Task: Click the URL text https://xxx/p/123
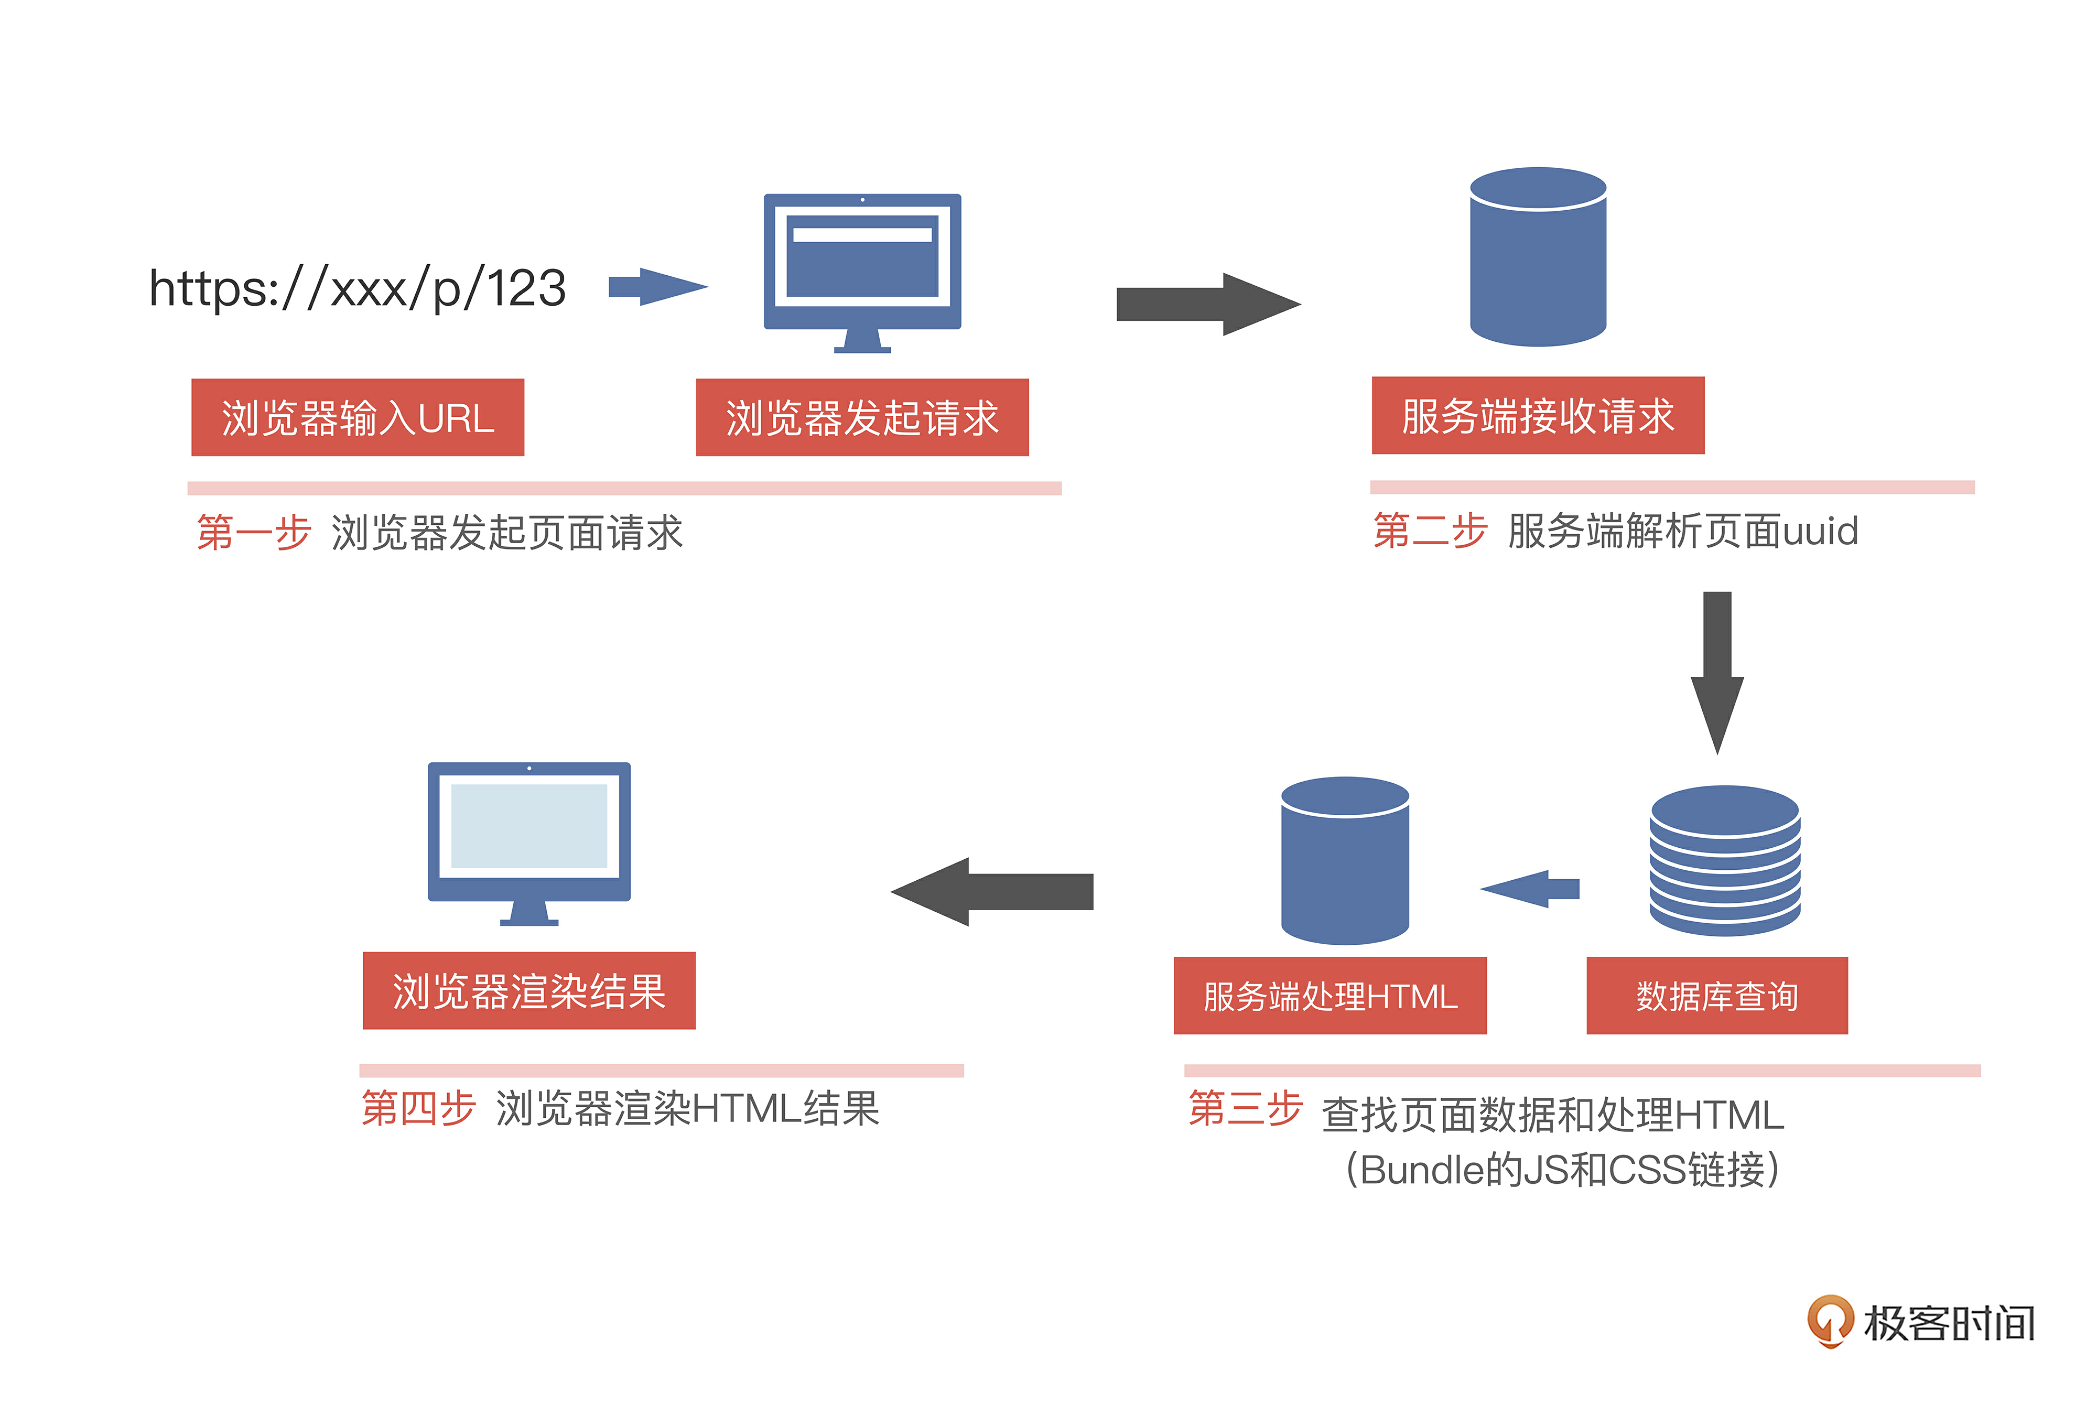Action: tap(357, 288)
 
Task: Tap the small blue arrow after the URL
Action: tap(658, 287)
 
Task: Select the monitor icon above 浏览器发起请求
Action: tap(862, 268)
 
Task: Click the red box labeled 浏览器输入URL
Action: tap(357, 417)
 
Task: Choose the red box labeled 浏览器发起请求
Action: tap(862, 417)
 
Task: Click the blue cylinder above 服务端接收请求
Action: tap(1538, 257)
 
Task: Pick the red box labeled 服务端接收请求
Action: tap(1538, 415)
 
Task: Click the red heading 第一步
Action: tap(253, 533)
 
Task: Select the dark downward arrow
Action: tap(1716, 672)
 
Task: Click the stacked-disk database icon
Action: tap(1724, 860)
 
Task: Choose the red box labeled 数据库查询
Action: tap(1716, 996)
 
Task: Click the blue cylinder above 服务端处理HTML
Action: tap(1345, 860)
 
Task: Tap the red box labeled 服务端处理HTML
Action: tap(1329, 996)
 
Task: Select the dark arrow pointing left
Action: tap(992, 892)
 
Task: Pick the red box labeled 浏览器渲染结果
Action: tap(528, 990)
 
